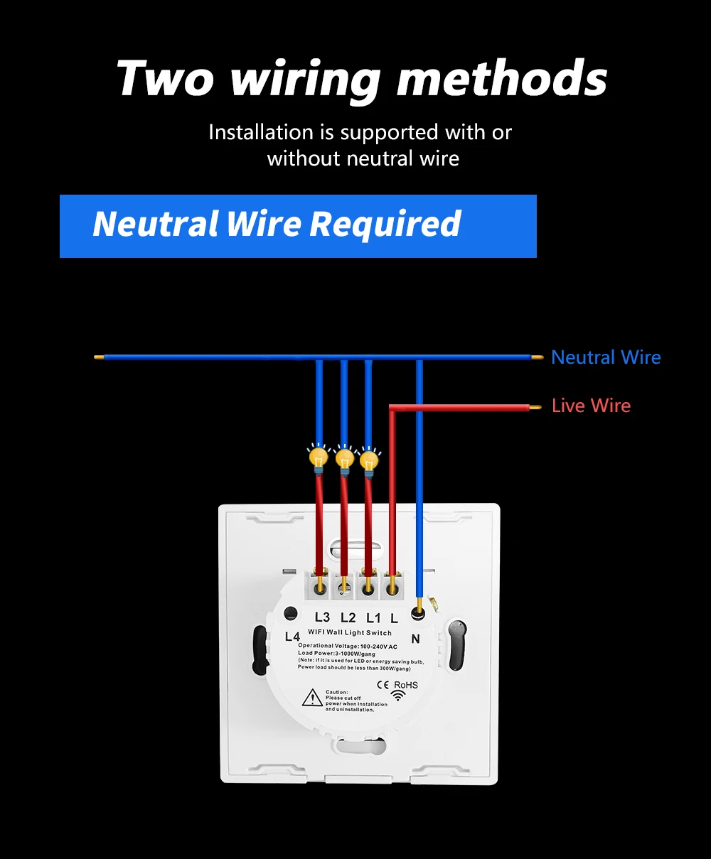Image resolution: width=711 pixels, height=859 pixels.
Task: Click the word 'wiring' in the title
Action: pos(306,79)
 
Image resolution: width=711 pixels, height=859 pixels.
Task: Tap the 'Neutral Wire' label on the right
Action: pos(606,357)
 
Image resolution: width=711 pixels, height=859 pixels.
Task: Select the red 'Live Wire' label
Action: pos(591,406)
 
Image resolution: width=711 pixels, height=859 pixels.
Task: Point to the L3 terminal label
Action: pos(322,617)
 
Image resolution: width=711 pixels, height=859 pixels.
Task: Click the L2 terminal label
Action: pos(348,617)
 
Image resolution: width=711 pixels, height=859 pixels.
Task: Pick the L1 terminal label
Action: pos(373,617)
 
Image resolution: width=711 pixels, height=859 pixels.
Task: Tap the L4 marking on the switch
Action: pos(292,637)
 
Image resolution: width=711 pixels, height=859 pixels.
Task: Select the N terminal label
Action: pos(415,639)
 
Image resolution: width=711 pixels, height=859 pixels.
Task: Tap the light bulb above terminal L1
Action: pos(368,460)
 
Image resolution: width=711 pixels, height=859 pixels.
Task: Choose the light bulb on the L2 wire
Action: pos(344,458)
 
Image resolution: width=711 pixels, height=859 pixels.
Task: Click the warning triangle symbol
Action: pos(312,698)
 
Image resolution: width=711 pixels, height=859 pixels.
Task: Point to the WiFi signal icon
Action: pos(399,696)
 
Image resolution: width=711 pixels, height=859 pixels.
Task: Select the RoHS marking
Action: pos(406,685)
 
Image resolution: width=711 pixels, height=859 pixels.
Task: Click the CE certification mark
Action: pos(382,685)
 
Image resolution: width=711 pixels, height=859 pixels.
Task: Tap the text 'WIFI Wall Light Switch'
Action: pos(350,632)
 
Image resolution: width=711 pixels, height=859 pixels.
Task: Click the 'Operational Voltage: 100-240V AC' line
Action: pos(348,646)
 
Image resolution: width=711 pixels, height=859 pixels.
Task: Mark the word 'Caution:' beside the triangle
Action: pos(337,692)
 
